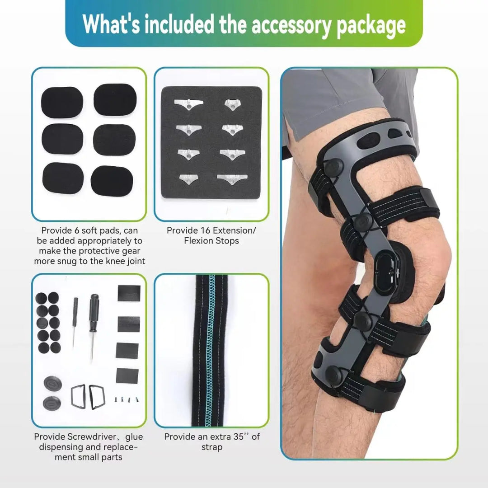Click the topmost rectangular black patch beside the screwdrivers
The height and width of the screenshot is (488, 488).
point(129,293)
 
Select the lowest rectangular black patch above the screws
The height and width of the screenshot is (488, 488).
point(127,375)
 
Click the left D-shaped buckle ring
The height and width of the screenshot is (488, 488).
point(79,396)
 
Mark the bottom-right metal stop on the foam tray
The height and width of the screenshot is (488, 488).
point(232,179)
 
